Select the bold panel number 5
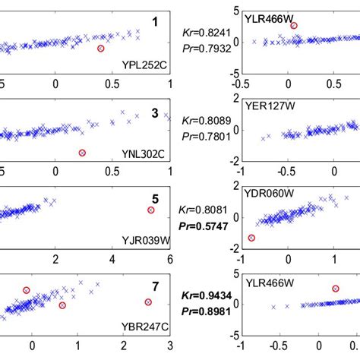[154, 194]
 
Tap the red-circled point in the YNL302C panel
[82, 153]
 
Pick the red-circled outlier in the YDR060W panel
[251, 238]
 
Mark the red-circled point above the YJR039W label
[150, 210]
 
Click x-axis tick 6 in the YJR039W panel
[169, 260]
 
